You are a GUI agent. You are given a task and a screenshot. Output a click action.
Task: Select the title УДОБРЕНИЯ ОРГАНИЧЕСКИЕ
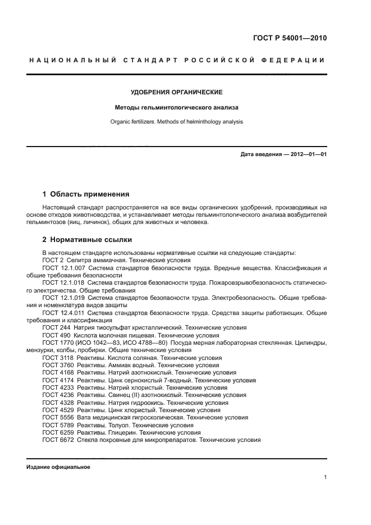[x=177, y=92]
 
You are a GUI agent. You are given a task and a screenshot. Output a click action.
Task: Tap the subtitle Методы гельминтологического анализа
[x=177, y=107]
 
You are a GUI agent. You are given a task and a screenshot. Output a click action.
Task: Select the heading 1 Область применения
[x=85, y=194]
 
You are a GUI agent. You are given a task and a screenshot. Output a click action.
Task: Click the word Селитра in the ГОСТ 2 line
[x=80, y=261]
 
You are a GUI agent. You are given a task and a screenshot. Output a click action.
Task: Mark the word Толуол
[x=124, y=425]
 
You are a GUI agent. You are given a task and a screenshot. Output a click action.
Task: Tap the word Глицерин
[x=127, y=432]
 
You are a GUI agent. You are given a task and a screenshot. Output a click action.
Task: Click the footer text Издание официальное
[x=58, y=467]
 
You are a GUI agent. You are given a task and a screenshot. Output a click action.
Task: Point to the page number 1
[x=325, y=478]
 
